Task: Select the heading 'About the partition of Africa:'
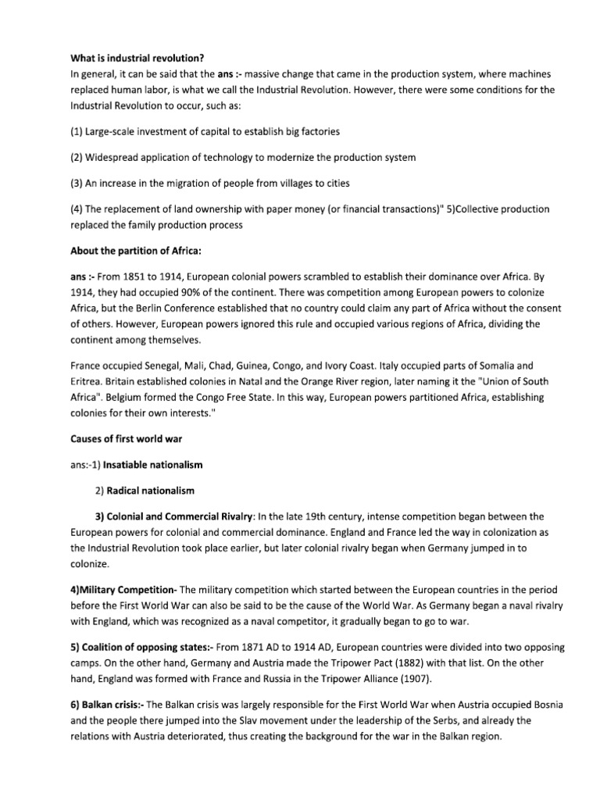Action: [x=136, y=251]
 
